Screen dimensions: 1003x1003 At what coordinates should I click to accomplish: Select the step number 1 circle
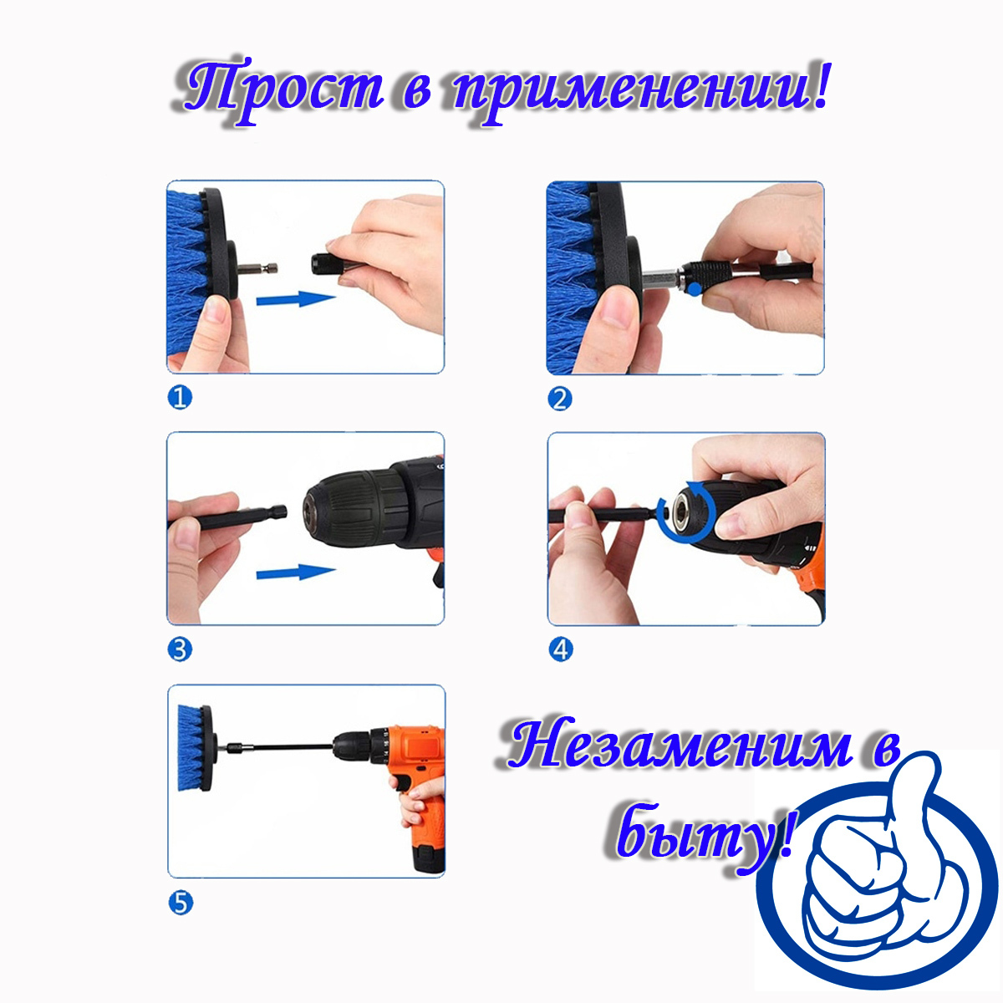[180, 397]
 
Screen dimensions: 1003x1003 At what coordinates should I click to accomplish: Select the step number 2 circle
[559, 399]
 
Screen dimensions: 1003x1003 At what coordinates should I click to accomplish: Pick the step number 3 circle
[180, 649]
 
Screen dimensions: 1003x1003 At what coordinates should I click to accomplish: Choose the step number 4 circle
[560, 649]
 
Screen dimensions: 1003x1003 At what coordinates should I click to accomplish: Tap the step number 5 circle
[180, 903]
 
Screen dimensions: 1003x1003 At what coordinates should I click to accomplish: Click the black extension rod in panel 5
[284, 746]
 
